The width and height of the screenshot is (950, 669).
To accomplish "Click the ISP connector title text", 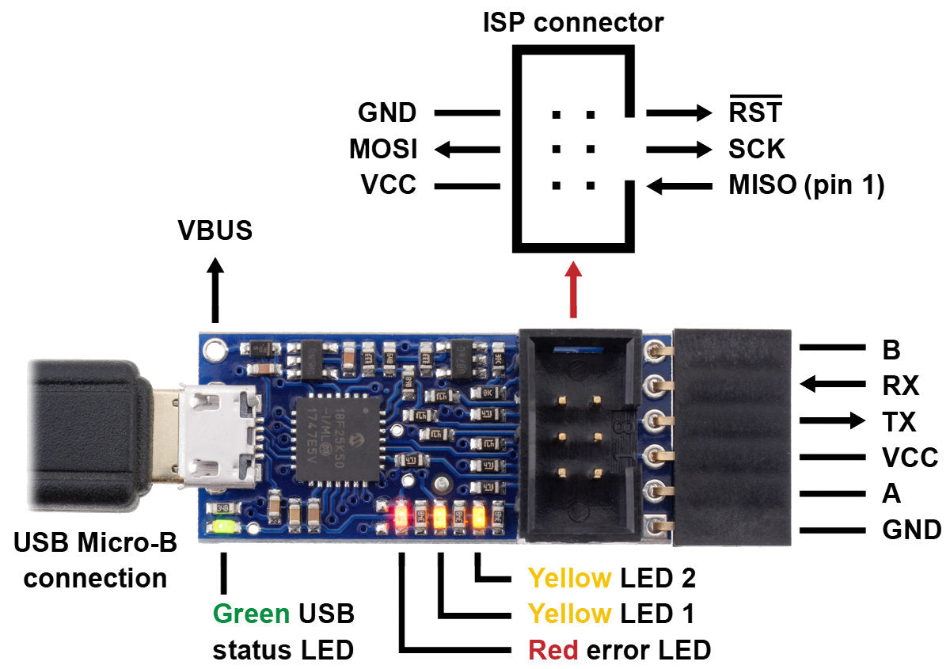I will pos(573,21).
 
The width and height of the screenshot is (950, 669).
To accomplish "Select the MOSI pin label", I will pos(383,149).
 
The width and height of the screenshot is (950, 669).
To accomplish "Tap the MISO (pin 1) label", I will pos(805,186).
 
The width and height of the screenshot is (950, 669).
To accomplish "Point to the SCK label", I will pos(756,149).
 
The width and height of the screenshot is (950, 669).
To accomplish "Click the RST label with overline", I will pos(754,112).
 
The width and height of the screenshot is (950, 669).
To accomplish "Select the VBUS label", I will pos(215,230).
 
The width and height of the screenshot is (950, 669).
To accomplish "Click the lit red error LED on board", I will pos(401,519).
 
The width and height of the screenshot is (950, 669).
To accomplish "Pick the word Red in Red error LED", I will pos(553,651).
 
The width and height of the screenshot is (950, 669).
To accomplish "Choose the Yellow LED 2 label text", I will pos(611,579).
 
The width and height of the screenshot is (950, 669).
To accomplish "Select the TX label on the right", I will pos(898,422).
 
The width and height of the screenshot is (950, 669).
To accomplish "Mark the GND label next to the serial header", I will pos(911,530).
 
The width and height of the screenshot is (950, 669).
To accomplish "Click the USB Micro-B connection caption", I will pos(95,560).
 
